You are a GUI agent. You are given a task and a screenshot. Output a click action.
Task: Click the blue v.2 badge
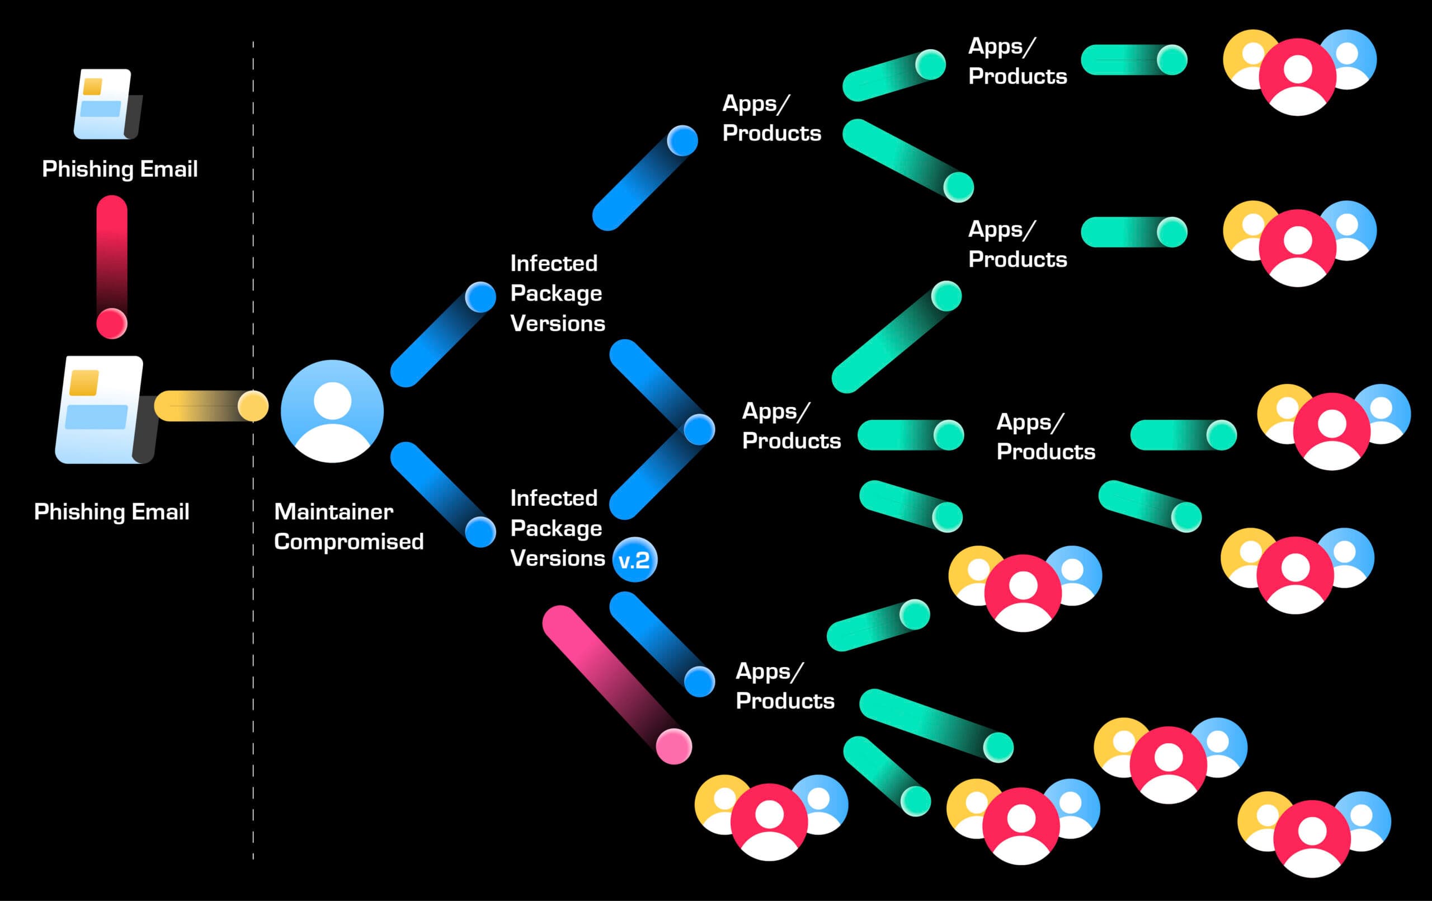coord(634,560)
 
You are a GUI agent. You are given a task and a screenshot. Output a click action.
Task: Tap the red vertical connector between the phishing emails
coord(112,256)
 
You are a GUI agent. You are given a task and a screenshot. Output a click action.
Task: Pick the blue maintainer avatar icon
coord(332,411)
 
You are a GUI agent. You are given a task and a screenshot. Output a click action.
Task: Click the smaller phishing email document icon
coord(106,105)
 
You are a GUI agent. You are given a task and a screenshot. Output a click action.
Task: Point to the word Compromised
coord(348,542)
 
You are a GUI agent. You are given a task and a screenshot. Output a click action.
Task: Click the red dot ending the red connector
coord(112,323)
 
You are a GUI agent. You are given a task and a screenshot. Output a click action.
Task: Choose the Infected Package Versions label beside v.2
coord(557,528)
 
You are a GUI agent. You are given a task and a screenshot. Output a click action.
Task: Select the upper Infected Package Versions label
coord(557,293)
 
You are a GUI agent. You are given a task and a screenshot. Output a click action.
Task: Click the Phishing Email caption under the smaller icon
coord(120,169)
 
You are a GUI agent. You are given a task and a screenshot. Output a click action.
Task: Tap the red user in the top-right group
coord(1298,76)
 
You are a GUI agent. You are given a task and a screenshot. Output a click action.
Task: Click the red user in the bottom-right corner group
coord(1311,838)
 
